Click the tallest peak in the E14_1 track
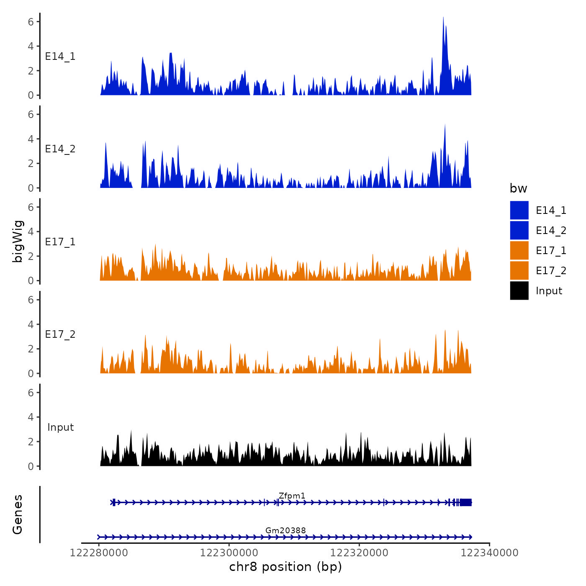pyautogui.click(x=443, y=19)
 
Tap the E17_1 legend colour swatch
pyautogui.click(x=519, y=250)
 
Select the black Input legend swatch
pyautogui.click(x=519, y=290)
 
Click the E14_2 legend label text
pyautogui.click(x=551, y=230)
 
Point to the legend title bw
pyautogui.click(x=518, y=188)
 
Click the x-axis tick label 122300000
pyautogui.click(x=229, y=553)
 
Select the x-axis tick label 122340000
pyautogui.click(x=489, y=553)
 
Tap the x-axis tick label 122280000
pyautogui.click(x=99, y=553)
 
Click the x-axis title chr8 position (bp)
pyautogui.click(x=285, y=567)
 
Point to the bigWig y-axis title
pyautogui.click(x=18, y=241)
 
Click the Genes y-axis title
pyautogui.click(x=18, y=514)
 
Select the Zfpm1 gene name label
pyautogui.click(x=292, y=496)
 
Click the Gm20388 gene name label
pyautogui.click(x=285, y=530)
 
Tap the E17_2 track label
pyautogui.click(x=60, y=334)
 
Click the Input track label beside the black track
pyautogui.click(x=60, y=427)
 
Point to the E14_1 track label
pyautogui.click(x=60, y=56)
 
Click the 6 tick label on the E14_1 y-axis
pyautogui.click(x=31, y=21)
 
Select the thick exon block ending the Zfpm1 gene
pyautogui.click(x=465, y=502)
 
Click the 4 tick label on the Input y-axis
pyautogui.click(x=31, y=417)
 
